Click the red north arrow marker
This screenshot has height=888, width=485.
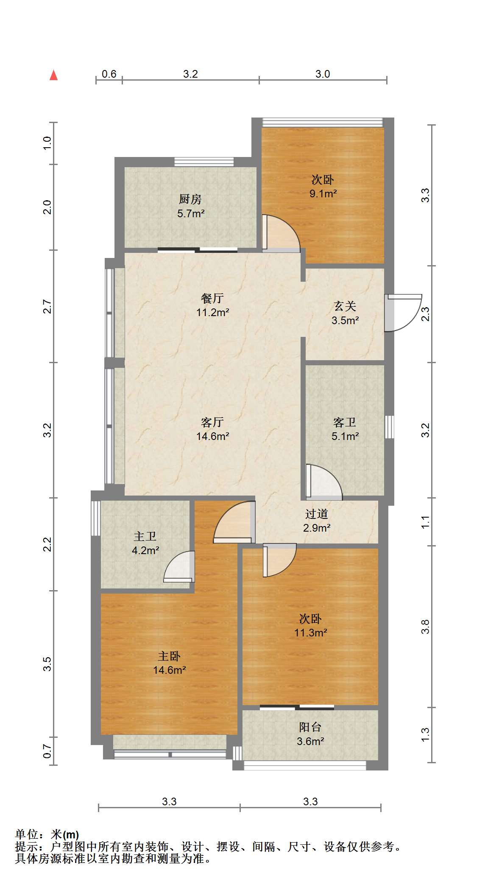coord(53,75)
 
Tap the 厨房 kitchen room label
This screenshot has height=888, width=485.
coord(190,199)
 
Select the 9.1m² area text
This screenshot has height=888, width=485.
coord(323,194)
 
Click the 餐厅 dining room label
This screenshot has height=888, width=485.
coord(212,298)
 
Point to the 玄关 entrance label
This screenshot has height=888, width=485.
coord(345,306)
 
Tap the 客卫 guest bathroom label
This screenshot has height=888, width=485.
coord(345,422)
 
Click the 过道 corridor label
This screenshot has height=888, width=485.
coord(317,514)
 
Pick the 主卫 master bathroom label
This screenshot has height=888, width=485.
coord(145,537)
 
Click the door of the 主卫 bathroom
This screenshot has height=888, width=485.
coord(179,567)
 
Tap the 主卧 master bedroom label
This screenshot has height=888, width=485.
coord(169,656)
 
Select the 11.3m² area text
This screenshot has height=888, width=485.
coord(311,633)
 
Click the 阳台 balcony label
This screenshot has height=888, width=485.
coord(310,727)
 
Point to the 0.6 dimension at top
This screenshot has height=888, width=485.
coord(109,74)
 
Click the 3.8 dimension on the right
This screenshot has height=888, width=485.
coord(425,627)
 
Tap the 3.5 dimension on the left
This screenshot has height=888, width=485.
coord(47,664)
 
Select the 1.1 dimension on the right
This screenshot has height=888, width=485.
coord(425,522)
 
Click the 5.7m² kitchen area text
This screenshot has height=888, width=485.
coord(191,213)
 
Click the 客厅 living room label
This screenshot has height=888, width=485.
coord(212,422)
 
